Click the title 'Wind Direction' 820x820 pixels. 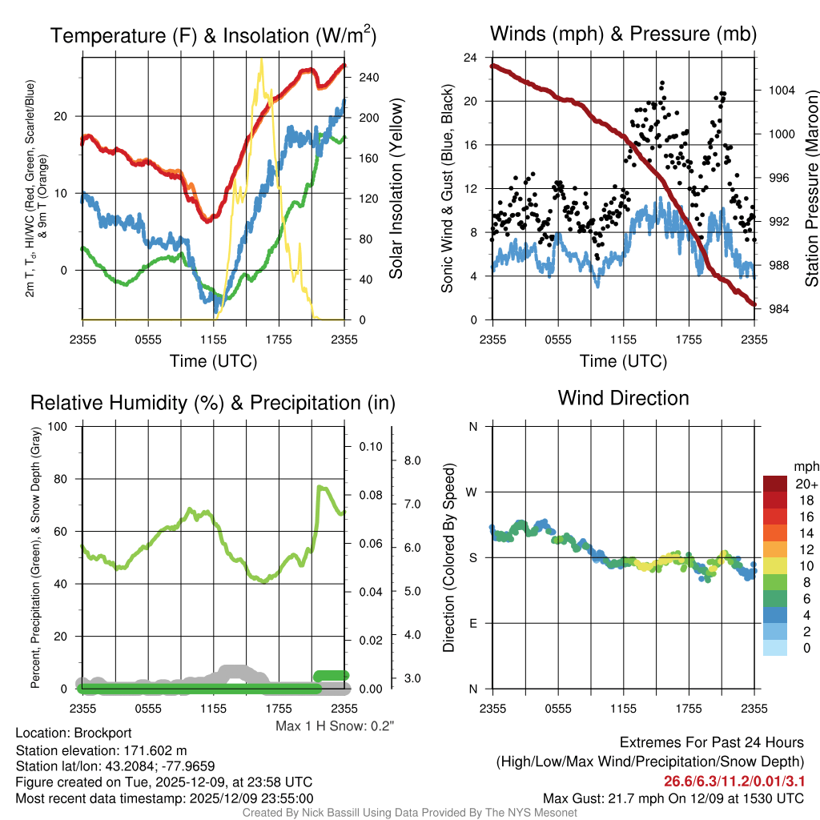pos(623,398)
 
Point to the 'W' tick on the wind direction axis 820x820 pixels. pos(473,492)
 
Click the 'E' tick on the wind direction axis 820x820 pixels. pos(473,623)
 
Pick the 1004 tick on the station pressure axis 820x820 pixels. pos(780,90)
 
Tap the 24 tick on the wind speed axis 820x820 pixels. pos(471,58)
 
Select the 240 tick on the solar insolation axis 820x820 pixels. pos(368,78)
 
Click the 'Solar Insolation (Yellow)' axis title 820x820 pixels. pos(396,188)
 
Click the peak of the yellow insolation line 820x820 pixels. pos(260,60)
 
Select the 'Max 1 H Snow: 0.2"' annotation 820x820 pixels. pos(335,726)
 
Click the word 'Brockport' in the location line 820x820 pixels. pos(102,733)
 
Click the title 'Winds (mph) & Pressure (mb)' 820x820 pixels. pos(623,34)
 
